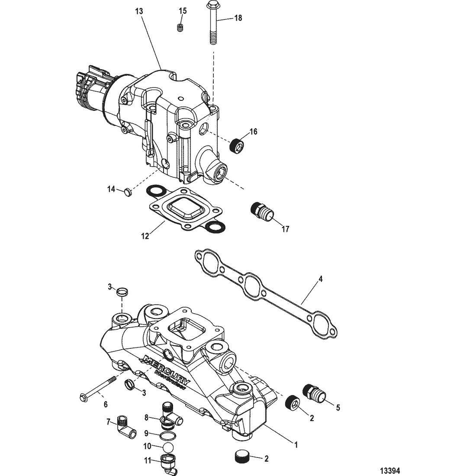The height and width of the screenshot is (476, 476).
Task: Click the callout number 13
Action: tap(139, 12)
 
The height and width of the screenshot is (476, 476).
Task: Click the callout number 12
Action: tap(145, 236)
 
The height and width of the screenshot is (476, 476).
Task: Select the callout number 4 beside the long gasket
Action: tap(321, 279)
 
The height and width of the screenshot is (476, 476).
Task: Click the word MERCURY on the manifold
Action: tap(167, 369)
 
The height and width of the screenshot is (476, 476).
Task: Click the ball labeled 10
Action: tap(168, 447)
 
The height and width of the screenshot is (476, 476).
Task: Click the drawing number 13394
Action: tap(390, 471)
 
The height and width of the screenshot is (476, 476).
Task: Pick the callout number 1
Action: tap(296, 445)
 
